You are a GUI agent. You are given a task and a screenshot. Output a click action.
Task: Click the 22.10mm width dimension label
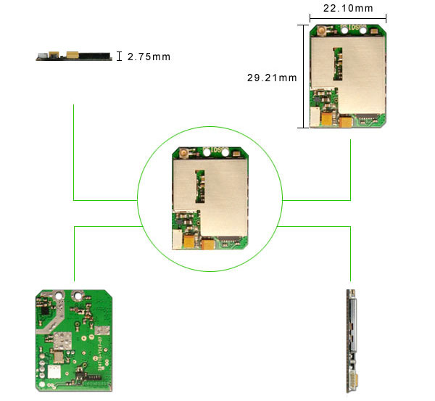point(348,8)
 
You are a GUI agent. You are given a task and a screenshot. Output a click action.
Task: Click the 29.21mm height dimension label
point(272,78)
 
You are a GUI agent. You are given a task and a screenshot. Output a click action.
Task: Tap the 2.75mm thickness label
point(149,57)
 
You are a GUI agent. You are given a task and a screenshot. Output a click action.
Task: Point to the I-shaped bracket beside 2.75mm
point(119,56)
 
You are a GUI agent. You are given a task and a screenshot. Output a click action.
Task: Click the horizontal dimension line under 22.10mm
point(348,19)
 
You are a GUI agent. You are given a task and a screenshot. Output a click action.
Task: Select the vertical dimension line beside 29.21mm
point(304,76)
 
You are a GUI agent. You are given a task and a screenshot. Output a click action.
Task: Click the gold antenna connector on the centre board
point(183,152)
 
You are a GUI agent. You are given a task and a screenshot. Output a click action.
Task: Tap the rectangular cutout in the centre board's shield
point(200,186)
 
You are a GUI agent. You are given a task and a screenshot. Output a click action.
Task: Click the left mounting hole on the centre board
point(207,152)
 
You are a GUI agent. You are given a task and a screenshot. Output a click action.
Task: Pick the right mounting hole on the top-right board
point(362,30)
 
